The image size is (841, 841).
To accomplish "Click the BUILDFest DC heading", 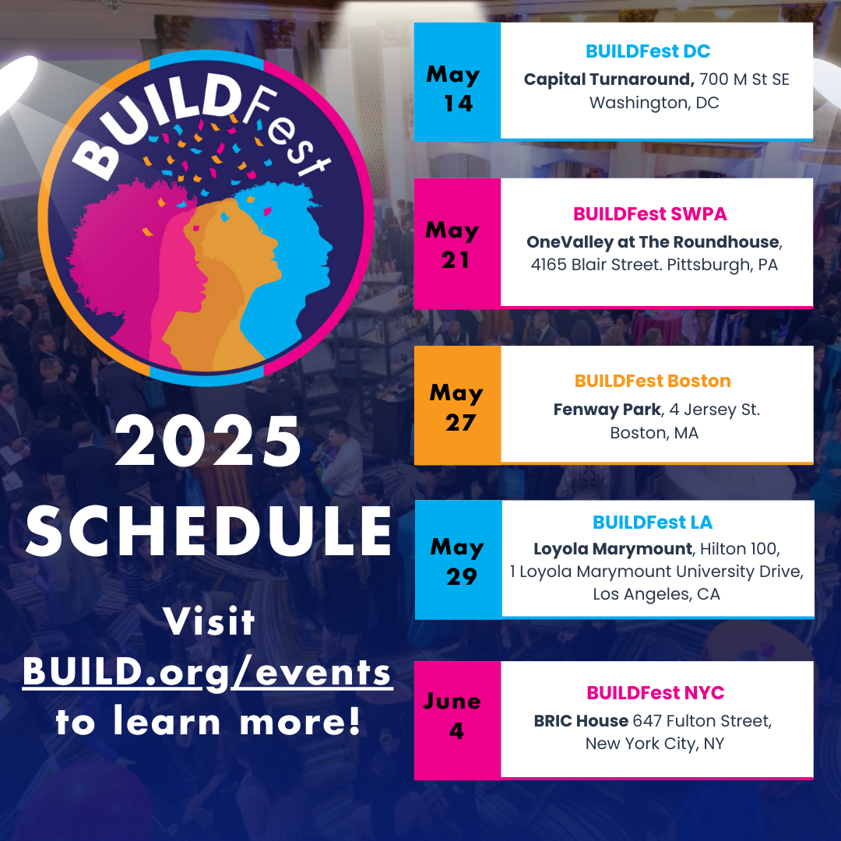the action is point(648,51).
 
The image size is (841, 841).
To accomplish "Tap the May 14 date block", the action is point(457,82).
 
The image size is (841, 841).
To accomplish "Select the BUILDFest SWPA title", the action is point(650,214).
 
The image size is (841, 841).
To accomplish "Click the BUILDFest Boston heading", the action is point(653,381).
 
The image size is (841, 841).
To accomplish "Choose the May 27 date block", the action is point(458,405).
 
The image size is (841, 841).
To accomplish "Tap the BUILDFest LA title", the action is point(653,522).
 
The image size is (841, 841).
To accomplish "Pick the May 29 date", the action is point(458,560).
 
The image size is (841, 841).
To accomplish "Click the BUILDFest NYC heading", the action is point(656,693).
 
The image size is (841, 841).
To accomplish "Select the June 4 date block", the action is point(457,720).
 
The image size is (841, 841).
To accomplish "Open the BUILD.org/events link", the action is point(208,673).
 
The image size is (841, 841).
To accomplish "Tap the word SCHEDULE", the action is point(209,532).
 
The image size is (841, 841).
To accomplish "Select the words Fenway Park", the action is point(607,410).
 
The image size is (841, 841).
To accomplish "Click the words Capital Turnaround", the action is point(609,79).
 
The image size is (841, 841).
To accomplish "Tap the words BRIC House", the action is point(581,721).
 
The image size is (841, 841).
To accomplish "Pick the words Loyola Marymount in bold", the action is point(613,549).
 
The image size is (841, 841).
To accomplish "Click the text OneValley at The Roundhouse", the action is point(653,242).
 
